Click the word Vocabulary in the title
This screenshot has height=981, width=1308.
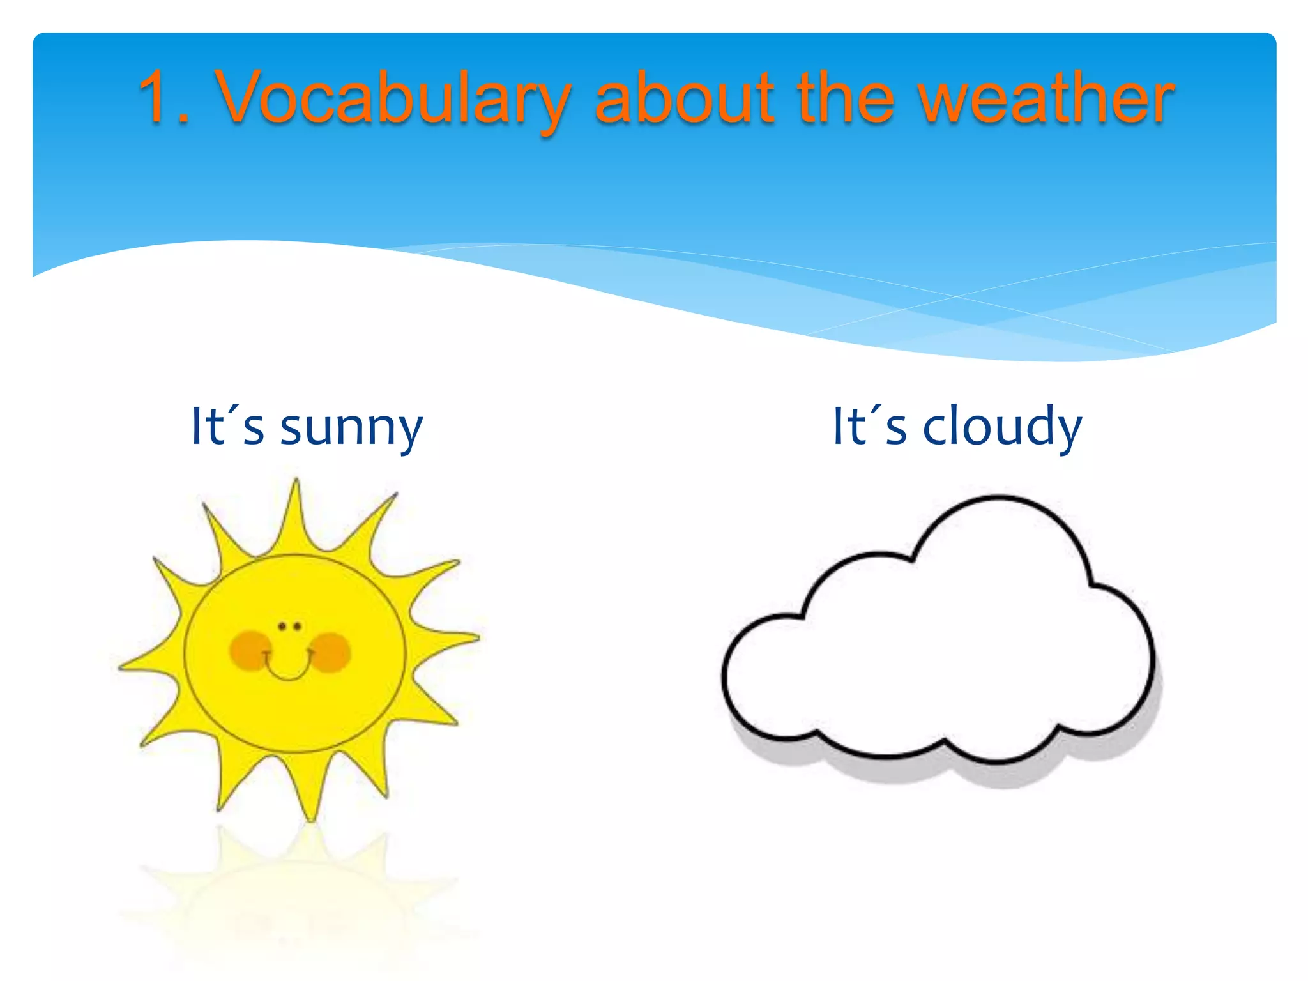tap(393, 99)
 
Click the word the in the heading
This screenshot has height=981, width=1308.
tap(846, 99)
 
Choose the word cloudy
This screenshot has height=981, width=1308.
tap(1002, 427)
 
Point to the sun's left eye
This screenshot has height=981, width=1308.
tap(282, 627)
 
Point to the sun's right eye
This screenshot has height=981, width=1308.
tap(297, 627)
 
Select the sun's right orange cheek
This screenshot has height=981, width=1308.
tap(331, 651)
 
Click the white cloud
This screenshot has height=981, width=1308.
tap(939, 658)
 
